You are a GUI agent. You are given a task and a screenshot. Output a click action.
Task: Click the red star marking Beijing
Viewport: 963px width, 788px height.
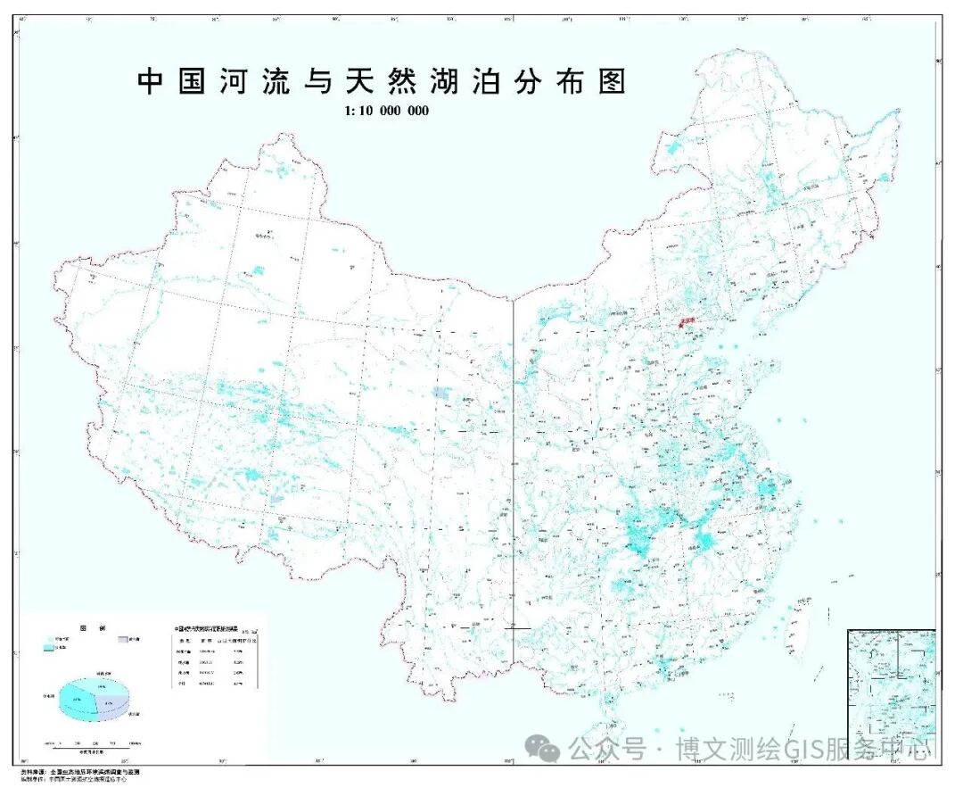681,326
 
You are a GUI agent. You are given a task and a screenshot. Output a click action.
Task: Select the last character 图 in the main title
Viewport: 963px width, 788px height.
612,82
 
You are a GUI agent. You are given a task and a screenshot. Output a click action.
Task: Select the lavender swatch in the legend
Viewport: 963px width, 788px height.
122,640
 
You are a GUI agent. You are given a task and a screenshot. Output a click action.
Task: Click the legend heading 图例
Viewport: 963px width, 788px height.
88,628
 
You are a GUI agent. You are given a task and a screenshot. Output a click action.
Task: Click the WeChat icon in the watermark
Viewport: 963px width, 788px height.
542,749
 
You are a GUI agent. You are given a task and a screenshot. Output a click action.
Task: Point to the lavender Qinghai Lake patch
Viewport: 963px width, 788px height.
440,394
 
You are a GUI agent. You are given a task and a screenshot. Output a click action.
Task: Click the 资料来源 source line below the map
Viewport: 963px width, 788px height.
80,771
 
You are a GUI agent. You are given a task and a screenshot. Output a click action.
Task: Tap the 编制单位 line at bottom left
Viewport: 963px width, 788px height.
80,779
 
